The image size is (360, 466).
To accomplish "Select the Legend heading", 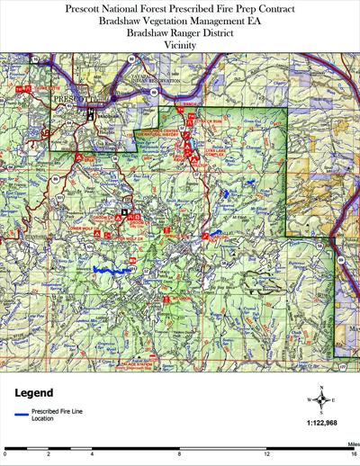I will coord(35,393).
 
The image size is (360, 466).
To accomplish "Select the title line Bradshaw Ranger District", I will coord(180,31).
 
